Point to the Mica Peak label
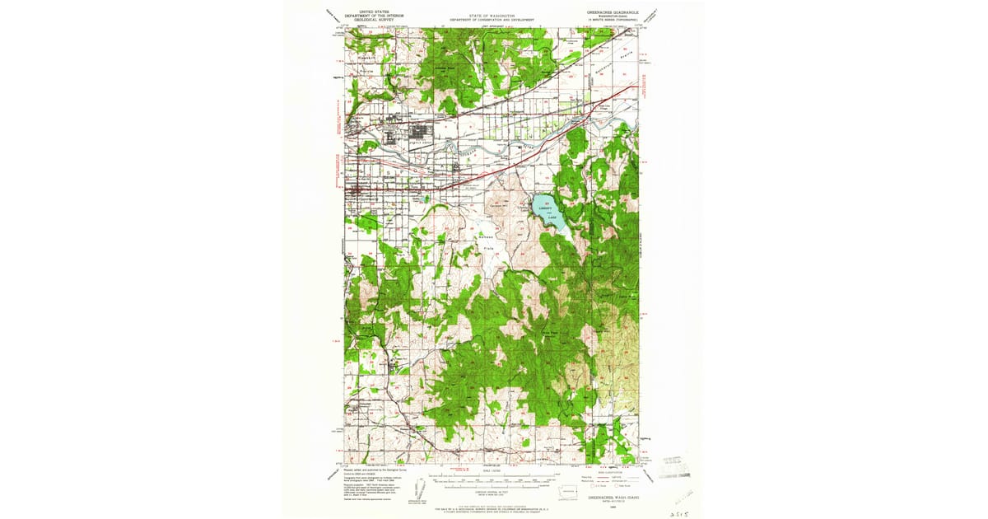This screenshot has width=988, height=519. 548,332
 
